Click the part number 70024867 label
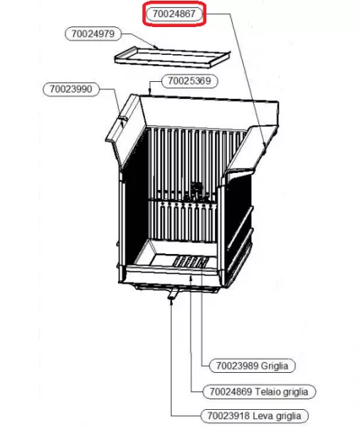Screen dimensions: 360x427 click(174, 14)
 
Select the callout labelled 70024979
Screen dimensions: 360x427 click(93, 34)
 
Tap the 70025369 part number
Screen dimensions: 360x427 click(189, 81)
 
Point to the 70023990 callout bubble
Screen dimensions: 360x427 click(71, 89)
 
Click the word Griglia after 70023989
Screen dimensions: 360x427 click(275, 366)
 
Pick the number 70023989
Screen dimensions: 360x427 click(237, 366)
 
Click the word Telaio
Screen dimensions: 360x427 click(268, 391)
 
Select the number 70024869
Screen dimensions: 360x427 click(231, 391)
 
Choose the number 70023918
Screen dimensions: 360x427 click(228, 416)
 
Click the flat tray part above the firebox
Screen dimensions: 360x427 click(172, 57)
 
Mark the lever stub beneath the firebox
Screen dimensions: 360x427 click(173, 293)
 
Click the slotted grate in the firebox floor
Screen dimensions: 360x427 click(191, 262)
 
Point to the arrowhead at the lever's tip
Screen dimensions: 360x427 click(171, 301)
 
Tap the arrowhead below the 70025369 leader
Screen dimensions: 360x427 click(150, 92)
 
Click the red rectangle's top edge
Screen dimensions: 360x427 click(174, 2)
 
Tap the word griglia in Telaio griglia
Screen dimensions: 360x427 click(296, 392)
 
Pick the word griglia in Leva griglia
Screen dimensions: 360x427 click(288, 416)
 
